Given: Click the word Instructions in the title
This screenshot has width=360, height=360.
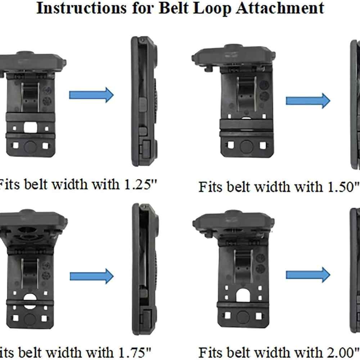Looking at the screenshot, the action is (81, 8).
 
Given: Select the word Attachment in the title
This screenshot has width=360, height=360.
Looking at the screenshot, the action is (280, 8).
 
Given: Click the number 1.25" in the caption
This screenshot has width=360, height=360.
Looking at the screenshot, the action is (140, 184).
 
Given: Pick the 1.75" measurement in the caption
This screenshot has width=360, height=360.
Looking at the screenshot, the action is (134, 352).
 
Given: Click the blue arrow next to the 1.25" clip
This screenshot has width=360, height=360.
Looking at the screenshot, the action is (91, 95).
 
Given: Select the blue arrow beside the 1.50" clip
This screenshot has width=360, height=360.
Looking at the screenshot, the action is (308, 100).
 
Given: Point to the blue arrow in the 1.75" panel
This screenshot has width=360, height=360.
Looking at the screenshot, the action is (91, 276).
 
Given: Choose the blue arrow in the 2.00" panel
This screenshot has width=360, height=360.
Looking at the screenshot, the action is (308, 275).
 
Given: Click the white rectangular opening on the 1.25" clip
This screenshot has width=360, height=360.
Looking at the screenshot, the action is (30, 127).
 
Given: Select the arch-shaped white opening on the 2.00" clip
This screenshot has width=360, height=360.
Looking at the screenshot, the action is (243, 295).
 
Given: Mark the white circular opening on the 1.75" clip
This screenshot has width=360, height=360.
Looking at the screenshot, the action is (30, 301).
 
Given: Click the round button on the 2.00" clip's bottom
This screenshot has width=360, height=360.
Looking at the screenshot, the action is (243, 317).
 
